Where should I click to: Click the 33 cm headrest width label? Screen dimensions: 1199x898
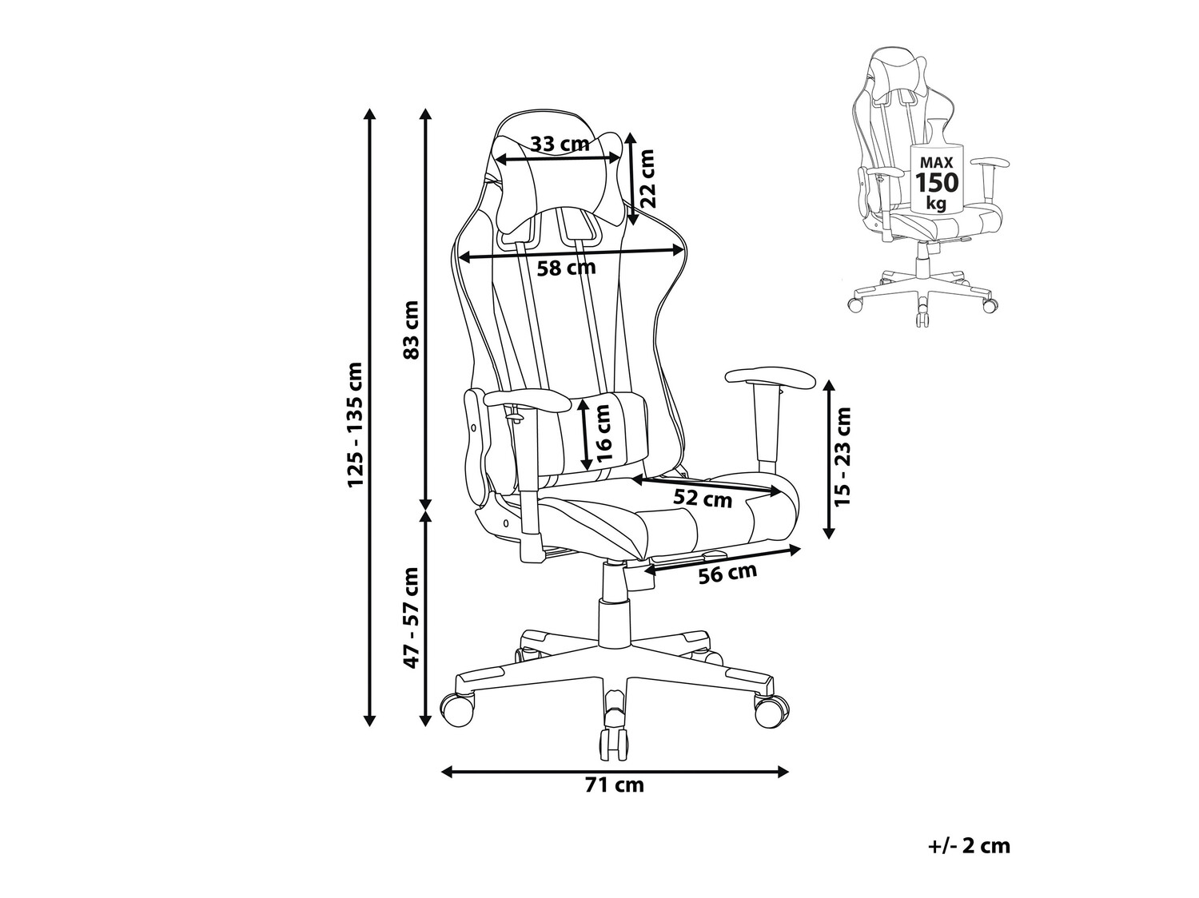(x=560, y=144)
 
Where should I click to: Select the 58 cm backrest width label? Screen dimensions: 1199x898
(x=567, y=268)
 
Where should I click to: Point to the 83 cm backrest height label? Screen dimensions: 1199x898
(x=412, y=330)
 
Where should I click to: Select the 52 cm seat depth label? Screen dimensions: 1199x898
(x=703, y=499)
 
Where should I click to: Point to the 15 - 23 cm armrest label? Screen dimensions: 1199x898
(x=842, y=456)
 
